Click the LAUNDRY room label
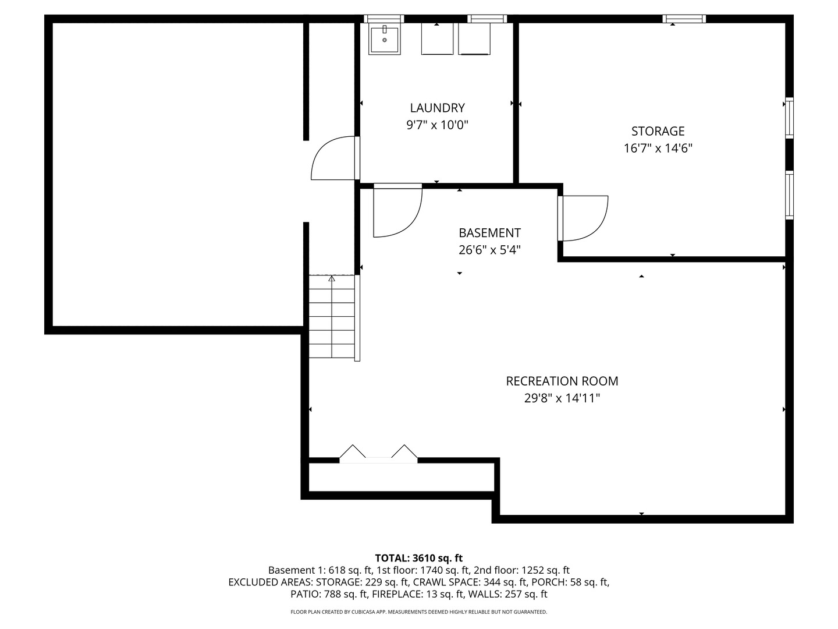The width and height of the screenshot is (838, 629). pos(437,108)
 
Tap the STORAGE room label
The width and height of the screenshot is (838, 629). pos(658,131)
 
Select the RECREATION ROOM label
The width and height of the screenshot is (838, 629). pos(562,381)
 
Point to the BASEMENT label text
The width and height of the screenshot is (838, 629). pos(489,233)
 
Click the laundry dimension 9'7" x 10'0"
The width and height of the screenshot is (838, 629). pos(437,125)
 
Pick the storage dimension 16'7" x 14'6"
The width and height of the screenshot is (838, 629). pos(658,148)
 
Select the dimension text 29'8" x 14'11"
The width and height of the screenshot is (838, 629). pos(562,398)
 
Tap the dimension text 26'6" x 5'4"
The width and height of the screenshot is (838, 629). pos(489,250)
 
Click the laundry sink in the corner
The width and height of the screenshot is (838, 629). pos(384,40)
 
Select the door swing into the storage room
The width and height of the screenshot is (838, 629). pos(584,218)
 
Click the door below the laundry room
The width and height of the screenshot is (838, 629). pos(397,211)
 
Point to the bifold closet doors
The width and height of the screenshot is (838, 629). pos(378,454)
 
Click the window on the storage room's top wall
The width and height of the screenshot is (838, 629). pos(684,19)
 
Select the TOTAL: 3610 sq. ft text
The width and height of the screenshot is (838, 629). pos(418,558)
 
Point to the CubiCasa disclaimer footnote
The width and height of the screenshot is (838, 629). pos(418,612)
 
